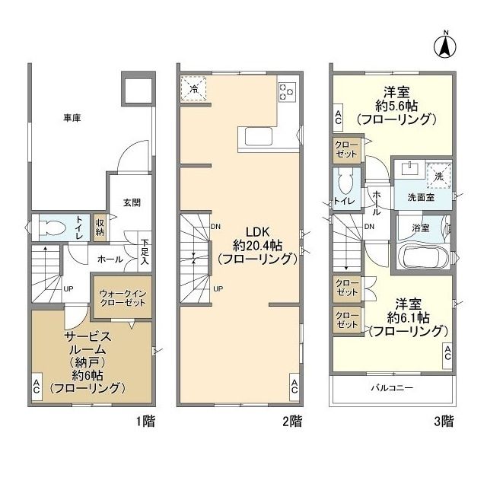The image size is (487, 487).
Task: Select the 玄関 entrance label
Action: click(x=132, y=202)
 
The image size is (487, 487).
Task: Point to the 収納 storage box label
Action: click(x=100, y=226)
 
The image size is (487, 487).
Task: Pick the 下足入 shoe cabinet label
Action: click(x=144, y=253)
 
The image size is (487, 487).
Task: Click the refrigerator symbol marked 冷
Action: click(x=194, y=88)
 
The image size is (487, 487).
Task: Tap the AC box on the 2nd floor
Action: click(x=294, y=387)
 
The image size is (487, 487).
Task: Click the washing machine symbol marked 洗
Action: click(x=439, y=175)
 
